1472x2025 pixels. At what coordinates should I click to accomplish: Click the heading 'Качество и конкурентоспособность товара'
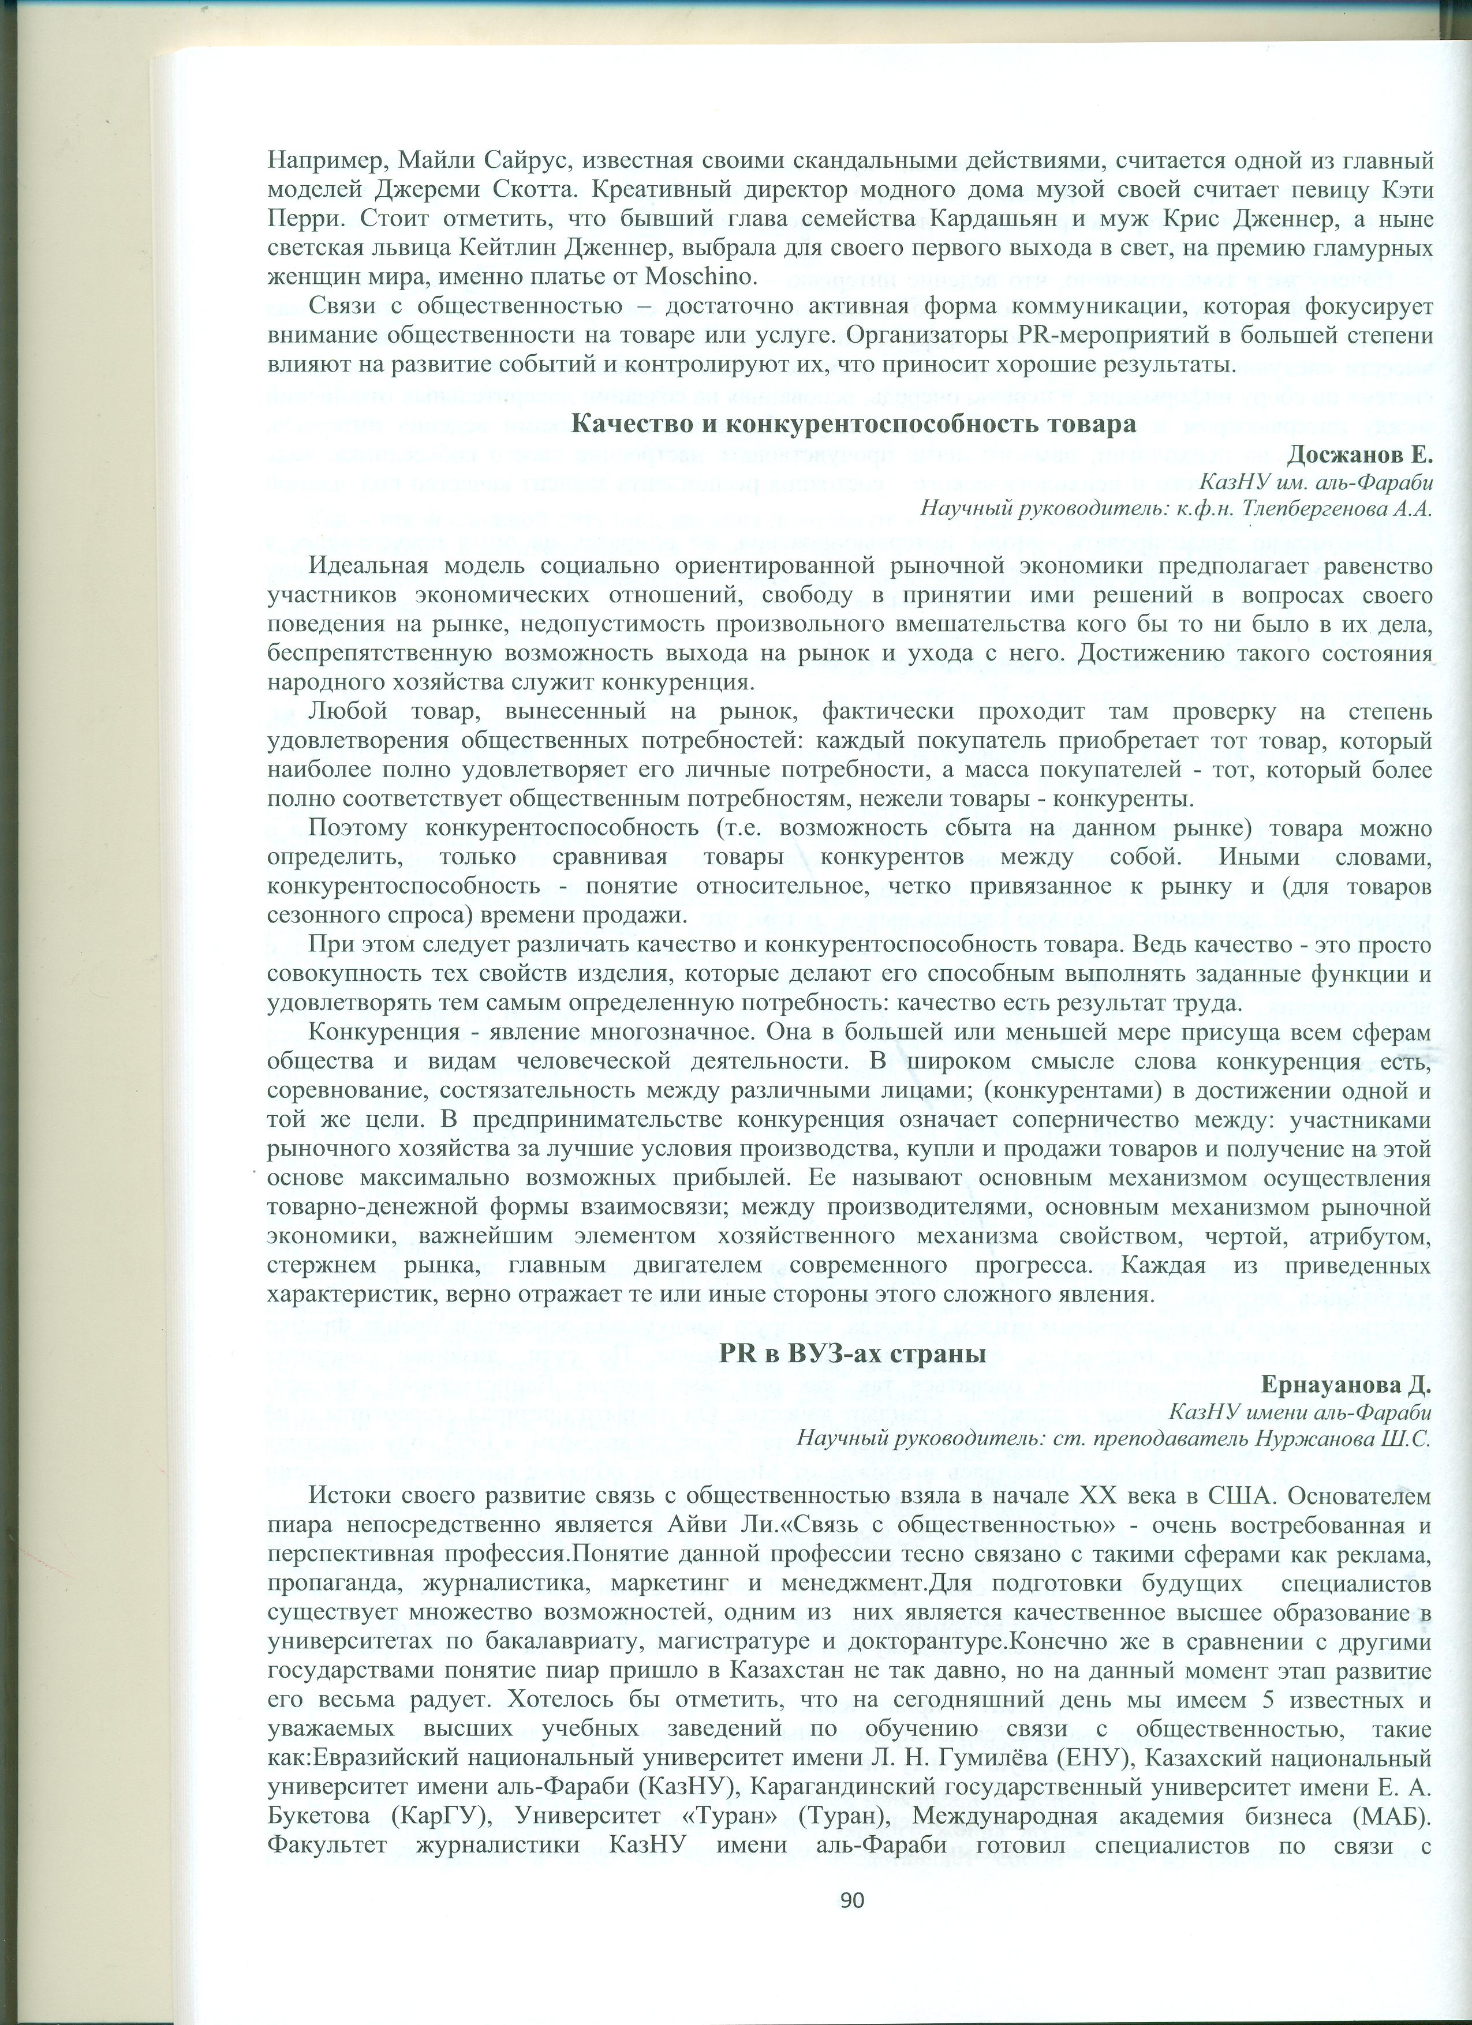(853, 424)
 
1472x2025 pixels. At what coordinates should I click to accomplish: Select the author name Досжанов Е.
(1359, 455)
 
